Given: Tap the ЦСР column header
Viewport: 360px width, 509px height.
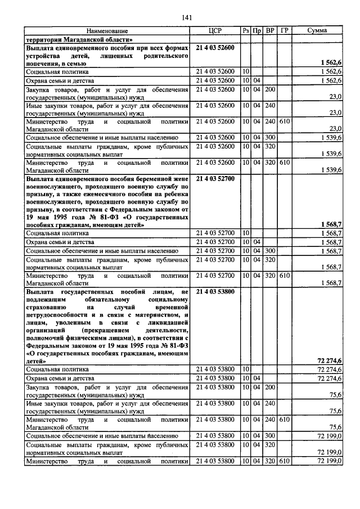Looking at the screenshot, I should point(215,31).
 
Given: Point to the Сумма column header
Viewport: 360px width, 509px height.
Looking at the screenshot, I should point(317,31).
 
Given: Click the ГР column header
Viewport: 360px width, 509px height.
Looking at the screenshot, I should point(284,31).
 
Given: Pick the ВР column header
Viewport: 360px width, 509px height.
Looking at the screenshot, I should point(270,31).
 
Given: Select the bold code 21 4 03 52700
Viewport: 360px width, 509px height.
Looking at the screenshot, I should point(215,178).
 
